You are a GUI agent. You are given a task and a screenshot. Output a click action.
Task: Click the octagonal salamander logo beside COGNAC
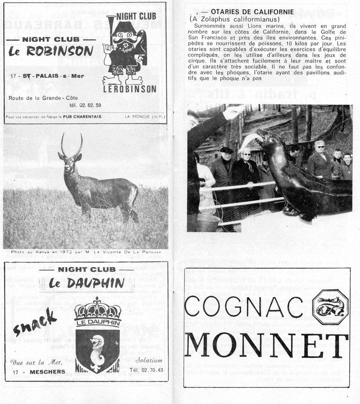pyautogui.click(x=330, y=307)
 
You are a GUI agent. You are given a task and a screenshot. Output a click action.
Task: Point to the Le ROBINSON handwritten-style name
pyautogui.click(x=51, y=51)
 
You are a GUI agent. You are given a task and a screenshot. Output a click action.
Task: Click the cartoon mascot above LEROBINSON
pyautogui.click(x=124, y=49)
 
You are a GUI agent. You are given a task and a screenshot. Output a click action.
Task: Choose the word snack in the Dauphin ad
pyautogui.click(x=36, y=321)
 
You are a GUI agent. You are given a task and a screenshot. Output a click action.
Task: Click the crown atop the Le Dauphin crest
pyautogui.click(x=97, y=308)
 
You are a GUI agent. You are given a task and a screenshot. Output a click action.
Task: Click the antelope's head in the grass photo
pyautogui.click(x=71, y=157)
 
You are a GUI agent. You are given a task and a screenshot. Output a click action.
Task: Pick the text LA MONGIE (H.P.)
pyautogui.click(x=145, y=117)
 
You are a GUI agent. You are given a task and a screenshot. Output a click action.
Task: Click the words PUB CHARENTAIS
pyautogui.click(x=82, y=117)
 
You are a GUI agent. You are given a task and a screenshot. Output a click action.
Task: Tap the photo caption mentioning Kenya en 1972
pyautogui.click(x=85, y=252)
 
